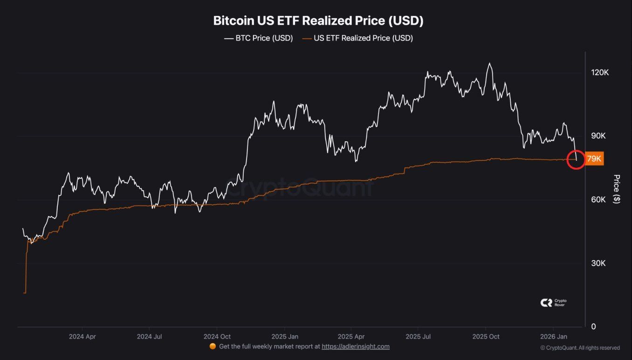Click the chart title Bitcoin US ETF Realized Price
coord(318,21)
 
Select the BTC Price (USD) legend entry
coord(258,38)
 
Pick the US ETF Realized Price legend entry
coord(357,38)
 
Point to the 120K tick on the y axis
coord(599,73)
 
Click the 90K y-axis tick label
coord(598,136)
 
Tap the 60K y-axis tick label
coord(598,200)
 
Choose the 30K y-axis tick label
coord(598,263)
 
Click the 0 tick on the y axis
coord(593,326)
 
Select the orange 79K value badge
coord(594,159)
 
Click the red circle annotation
coord(576,159)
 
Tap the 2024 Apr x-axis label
coord(82,336)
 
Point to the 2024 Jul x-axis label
coord(150,336)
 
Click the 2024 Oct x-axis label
coord(217,336)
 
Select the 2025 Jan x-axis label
coord(285,336)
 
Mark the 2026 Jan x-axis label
coord(553,336)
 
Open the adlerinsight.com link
coord(356,346)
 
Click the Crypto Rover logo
coord(553,303)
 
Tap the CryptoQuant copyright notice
coord(580,348)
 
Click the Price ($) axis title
coord(617,189)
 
